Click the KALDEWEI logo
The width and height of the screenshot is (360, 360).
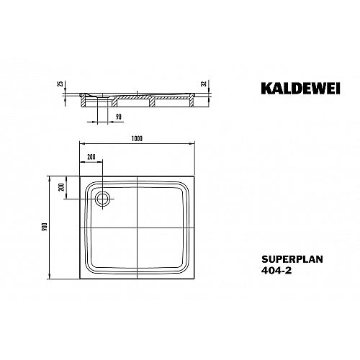click(x=300, y=89)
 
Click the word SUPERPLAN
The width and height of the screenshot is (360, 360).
click(x=292, y=259)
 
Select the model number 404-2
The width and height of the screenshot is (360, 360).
click(x=276, y=271)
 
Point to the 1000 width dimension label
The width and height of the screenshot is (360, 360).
click(x=137, y=139)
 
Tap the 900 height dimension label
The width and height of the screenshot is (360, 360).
click(x=45, y=227)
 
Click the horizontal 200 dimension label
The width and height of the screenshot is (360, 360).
click(x=91, y=157)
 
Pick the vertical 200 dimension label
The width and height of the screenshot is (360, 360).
click(x=62, y=187)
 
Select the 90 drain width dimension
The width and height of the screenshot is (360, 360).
click(x=119, y=117)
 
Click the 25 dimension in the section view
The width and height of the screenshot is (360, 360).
click(x=61, y=84)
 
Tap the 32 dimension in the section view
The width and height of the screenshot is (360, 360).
click(x=204, y=84)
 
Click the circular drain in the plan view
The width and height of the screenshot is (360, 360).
click(x=103, y=199)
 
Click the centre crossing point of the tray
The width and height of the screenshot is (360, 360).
click(x=137, y=228)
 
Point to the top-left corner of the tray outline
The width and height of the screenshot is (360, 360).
click(x=80, y=176)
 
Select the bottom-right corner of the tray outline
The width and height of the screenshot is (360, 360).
click(x=194, y=279)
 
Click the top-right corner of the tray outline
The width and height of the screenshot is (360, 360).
click(x=194, y=176)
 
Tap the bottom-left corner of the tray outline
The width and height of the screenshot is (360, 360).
click(x=80, y=279)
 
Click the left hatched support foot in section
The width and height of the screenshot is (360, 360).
click(x=83, y=101)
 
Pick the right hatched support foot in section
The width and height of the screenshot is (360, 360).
click(x=192, y=101)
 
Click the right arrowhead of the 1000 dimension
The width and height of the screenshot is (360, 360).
click(x=192, y=143)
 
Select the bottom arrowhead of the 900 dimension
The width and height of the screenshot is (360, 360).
click(x=50, y=276)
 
